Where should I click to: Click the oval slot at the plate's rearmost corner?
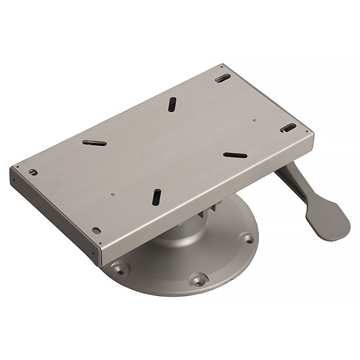tap(223, 77)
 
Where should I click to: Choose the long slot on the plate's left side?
tap(94, 143)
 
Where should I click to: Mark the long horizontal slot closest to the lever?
tap(235, 155)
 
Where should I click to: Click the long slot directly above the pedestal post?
tap(157, 197)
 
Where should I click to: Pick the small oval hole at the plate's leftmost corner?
tap(33, 172)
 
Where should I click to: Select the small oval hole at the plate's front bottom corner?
tap(96, 230)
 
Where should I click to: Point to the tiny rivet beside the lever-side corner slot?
tap(254, 120)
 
